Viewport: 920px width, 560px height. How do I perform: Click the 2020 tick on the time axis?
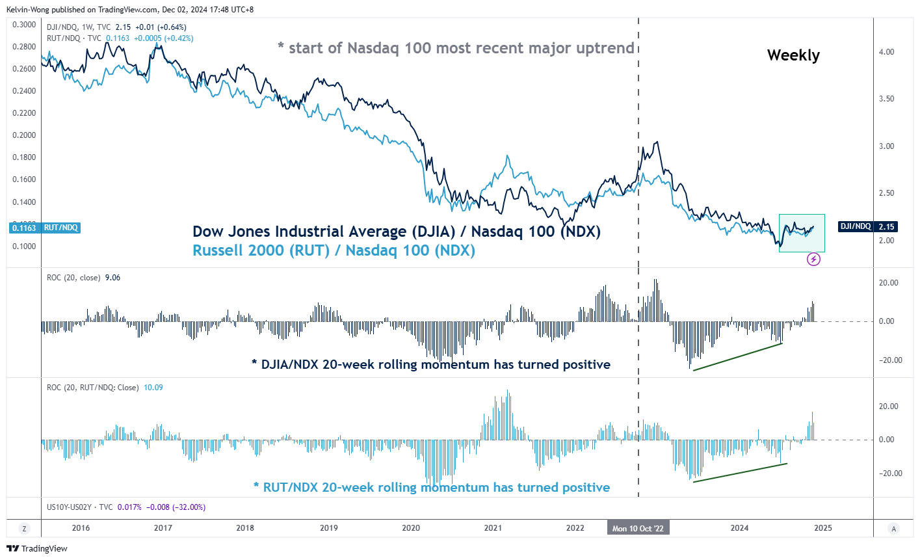411,528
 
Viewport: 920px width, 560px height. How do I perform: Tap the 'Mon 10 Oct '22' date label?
638,528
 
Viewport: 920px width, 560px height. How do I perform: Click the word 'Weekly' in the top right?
793,55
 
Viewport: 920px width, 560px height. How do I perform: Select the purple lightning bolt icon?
813,260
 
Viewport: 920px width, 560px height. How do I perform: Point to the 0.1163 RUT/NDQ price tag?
44,228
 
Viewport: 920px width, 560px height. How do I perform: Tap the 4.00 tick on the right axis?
886,52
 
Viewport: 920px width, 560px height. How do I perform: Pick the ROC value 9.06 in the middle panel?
112,278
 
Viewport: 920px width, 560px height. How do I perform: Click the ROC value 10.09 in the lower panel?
153,388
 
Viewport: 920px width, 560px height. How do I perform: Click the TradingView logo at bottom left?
37,548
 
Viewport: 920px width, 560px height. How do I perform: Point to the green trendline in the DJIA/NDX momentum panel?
738,356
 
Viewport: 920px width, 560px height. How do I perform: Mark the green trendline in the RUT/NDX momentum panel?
740,473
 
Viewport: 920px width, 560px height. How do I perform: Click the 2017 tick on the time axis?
163,528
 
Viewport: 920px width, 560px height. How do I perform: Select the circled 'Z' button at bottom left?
25,529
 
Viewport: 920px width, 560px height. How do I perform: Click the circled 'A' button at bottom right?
894,529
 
